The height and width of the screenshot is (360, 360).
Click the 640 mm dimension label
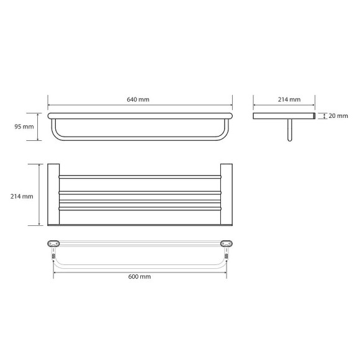coord(138,100)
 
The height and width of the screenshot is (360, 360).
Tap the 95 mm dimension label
coord(24,127)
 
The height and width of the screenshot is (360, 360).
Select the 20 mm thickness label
coord(338,116)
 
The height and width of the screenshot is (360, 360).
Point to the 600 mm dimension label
coord(140,277)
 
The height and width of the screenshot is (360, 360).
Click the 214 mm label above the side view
coord(289,100)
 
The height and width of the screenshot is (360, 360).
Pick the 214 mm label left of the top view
coord(22,197)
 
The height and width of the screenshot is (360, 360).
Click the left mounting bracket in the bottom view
coord(53,243)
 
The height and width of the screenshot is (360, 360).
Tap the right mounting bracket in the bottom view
coord(227,243)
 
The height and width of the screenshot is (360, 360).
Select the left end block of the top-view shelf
coord(53,194)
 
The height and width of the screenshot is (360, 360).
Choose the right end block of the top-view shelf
coord(227,194)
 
